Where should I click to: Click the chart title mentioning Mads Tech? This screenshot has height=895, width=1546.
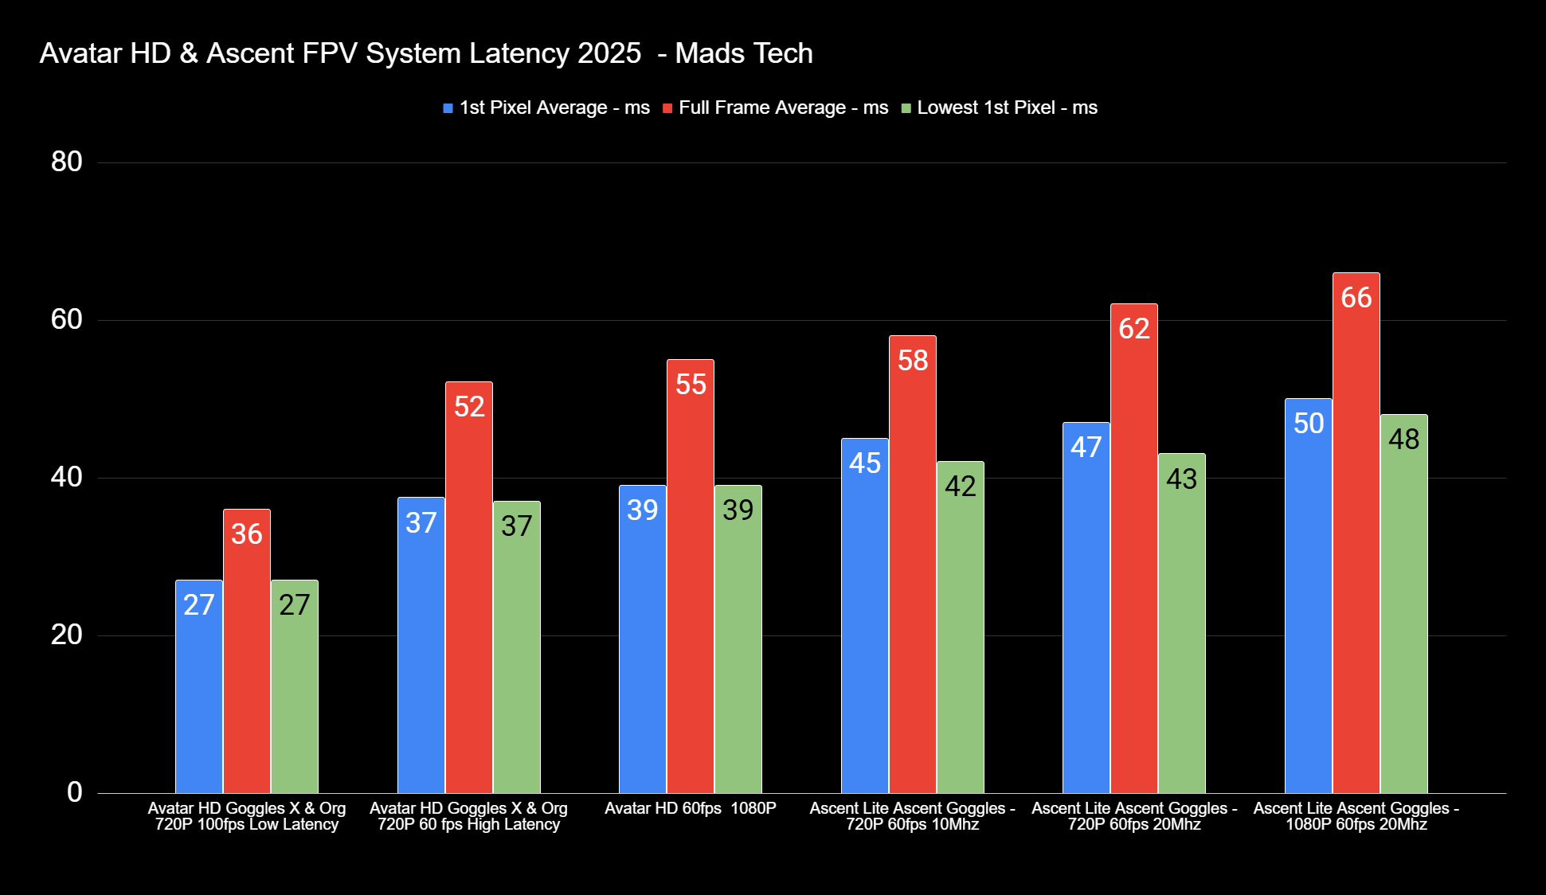click(426, 53)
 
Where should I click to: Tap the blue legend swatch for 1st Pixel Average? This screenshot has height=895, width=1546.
click(448, 108)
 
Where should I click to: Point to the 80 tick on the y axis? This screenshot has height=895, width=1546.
click(67, 162)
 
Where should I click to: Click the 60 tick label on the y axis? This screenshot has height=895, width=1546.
click(67, 319)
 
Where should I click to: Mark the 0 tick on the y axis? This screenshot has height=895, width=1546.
click(75, 791)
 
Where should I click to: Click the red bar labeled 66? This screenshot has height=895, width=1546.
click(1356, 533)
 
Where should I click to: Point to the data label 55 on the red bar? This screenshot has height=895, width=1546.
click(691, 385)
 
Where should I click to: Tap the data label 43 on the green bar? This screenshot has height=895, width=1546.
click(1181, 479)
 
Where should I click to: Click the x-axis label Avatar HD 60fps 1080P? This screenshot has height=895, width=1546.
click(690, 808)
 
